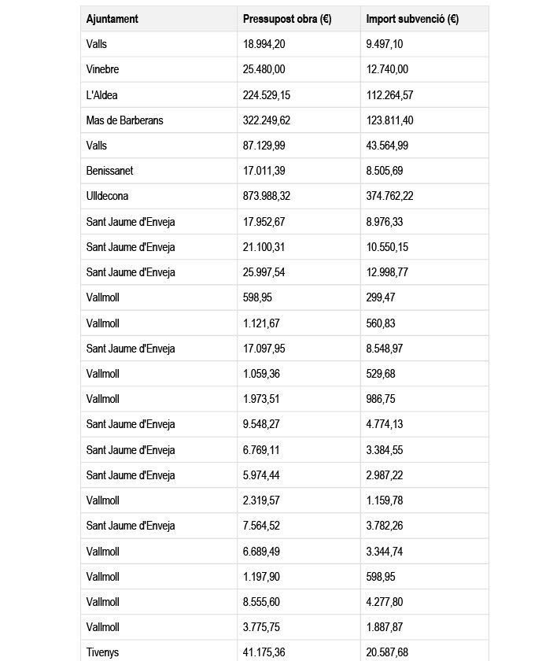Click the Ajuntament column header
pyautogui.click(x=112, y=19)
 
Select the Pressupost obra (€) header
pyautogui.click(x=287, y=19)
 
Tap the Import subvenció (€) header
pyautogui.click(x=413, y=19)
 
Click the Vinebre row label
pyautogui.click(x=103, y=69)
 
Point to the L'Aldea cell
pyautogui.click(x=102, y=95)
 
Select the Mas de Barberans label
pyautogui.click(x=125, y=120)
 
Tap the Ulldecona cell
pyautogui.click(x=107, y=196)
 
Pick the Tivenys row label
pyautogui.click(x=103, y=652)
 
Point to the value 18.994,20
pyautogui.click(x=267, y=44)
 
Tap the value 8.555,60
pyautogui.click(x=264, y=602)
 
